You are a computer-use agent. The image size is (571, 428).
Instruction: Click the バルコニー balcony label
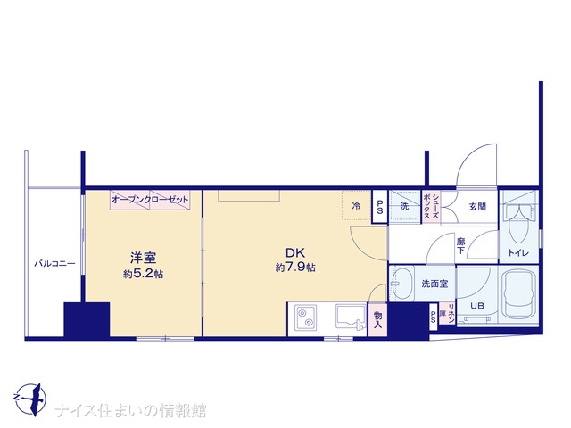[x=54, y=264]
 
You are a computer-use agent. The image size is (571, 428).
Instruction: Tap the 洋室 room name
[x=143, y=258]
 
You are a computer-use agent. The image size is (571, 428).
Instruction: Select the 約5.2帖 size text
[x=143, y=274]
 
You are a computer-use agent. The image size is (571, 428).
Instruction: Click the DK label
[x=295, y=253]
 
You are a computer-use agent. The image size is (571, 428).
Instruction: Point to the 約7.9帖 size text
[x=295, y=267]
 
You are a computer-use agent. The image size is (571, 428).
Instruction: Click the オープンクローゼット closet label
[x=150, y=200]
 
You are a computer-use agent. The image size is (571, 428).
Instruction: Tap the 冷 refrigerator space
[x=357, y=206]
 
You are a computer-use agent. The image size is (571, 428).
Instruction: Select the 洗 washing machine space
[x=404, y=206]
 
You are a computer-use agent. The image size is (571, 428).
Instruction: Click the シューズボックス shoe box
[x=432, y=206]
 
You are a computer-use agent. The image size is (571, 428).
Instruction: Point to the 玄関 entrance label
[x=477, y=207]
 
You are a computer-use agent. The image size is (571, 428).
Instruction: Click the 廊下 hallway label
[x=460, y=246]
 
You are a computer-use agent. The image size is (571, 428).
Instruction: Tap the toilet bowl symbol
[x=518, y=224]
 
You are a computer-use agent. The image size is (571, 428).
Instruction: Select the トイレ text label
[x=518, y=253]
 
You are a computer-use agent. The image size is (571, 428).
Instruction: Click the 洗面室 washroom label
[x=434, y=284]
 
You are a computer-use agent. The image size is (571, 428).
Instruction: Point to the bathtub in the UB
[x=519, y=295]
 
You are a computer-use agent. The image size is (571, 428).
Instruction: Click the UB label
[x=477, y=306]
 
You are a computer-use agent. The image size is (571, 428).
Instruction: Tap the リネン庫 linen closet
[x=447, y=314]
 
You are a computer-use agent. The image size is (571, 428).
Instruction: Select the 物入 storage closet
[x=377, y=319]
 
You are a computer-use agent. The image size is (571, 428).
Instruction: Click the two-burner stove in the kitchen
[x=305, y=318]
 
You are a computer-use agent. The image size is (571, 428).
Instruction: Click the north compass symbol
[x=29, y=399]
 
